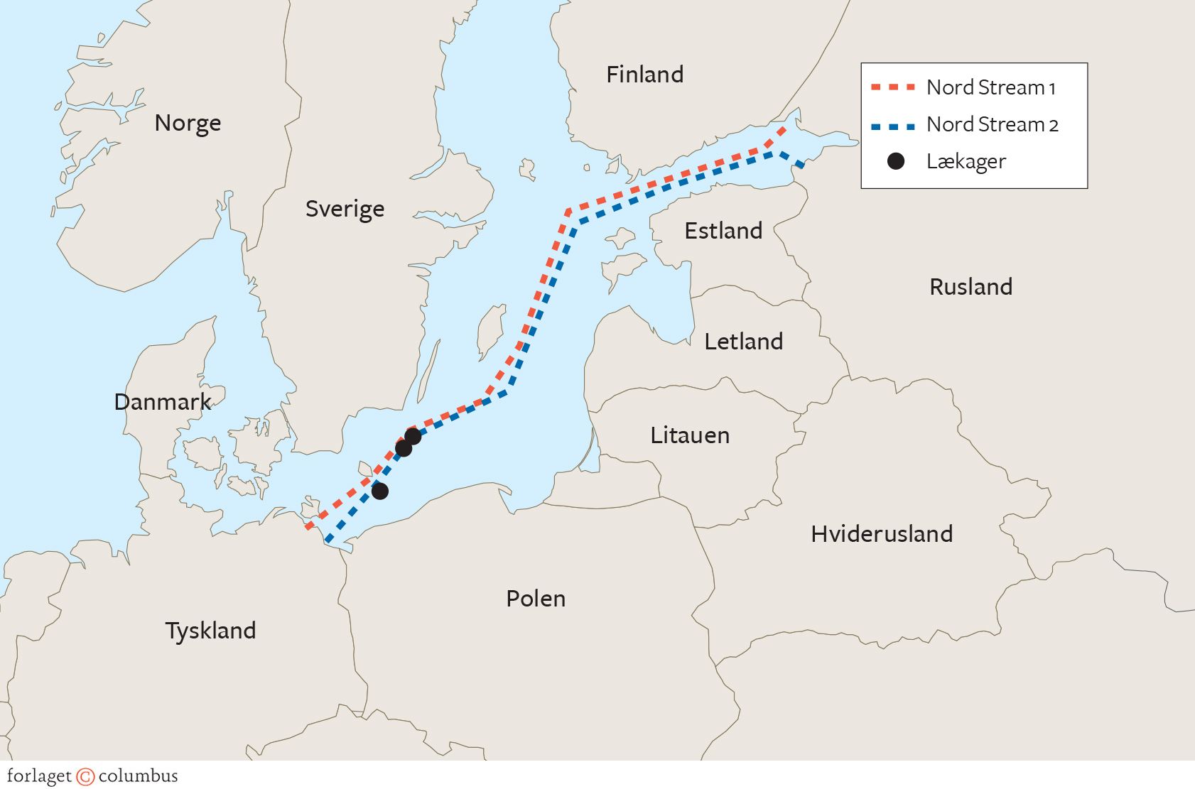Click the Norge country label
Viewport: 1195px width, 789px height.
click(188, 124)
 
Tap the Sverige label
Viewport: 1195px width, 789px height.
click(345, 210)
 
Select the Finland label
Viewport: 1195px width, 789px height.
click(644, 75)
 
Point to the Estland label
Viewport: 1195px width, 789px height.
click(723, 231)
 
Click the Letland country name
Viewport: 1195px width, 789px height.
click(743, 342)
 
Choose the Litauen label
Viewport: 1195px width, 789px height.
click(689, 435)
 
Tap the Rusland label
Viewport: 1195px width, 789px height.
click(970, 287)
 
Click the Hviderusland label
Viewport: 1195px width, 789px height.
click(881, 534)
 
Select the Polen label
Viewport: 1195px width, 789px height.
click(535, 599)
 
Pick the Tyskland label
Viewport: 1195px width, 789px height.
click(210, 631)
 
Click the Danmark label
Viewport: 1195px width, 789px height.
click(163, 402)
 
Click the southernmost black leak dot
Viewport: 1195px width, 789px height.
click(380, 491)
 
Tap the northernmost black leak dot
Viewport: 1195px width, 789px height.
click(413, 436)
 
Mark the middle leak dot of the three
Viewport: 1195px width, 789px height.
click(403, 448)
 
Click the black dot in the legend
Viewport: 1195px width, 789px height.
click(896, 161)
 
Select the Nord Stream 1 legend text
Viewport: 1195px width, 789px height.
click(990, 88)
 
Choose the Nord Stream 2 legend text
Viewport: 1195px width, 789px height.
click(992, 125)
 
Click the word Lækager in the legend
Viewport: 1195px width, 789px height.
click(966, 162)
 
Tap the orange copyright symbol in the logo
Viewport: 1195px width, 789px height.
click(85, 776)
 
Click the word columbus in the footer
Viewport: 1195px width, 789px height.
click(138, 776)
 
